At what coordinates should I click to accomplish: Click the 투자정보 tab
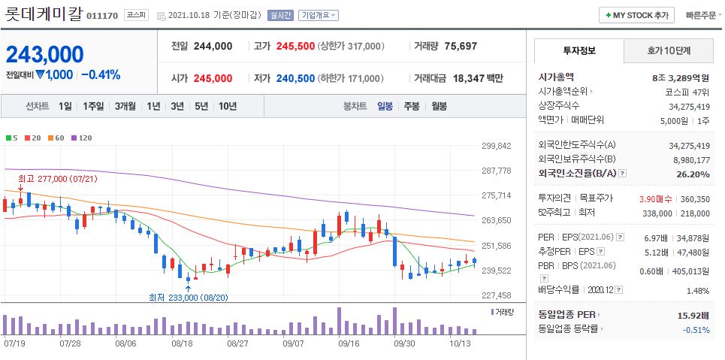click(x=578, y=50)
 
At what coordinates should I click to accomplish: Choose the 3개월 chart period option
click(x=125, y=106)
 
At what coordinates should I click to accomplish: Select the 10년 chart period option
click(x=227, y=106)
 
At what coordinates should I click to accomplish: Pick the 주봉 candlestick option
click(x=411, y=106)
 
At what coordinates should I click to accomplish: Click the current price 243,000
click(x=45, y=54)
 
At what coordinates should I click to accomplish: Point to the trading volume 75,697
click(x=461, y=46)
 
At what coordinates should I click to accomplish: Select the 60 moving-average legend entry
click(x=56, y=138)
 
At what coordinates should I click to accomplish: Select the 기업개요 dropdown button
click(x=319, y=15)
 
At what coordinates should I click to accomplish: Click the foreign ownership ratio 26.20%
click(x=692, y=174)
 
